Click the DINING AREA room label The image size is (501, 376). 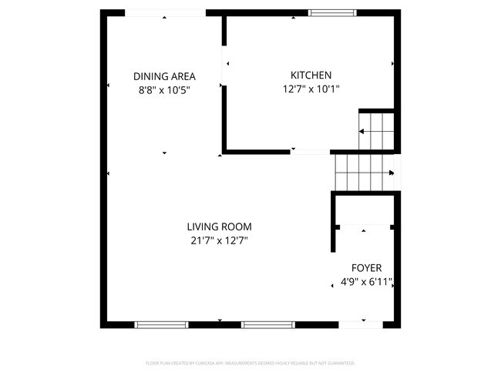[164, 76]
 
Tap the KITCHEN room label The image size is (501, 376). [311, 75]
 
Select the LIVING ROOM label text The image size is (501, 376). [220, 227]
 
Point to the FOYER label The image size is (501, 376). [366, 268]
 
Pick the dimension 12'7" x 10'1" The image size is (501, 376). [311, 89]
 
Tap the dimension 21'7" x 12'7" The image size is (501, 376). [220, 240]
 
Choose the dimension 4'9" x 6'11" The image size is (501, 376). [366, 282]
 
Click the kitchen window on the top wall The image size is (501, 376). [332, 13]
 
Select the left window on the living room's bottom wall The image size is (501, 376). [162, 324]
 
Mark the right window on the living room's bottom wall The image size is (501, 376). [268, 324]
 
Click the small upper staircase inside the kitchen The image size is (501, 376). [377, 131]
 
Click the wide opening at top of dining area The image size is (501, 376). [164, 13]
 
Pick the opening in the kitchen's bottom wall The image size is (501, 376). [310, 151]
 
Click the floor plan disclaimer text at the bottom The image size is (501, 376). [250, 362]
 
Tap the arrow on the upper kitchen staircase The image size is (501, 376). [363, 132]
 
